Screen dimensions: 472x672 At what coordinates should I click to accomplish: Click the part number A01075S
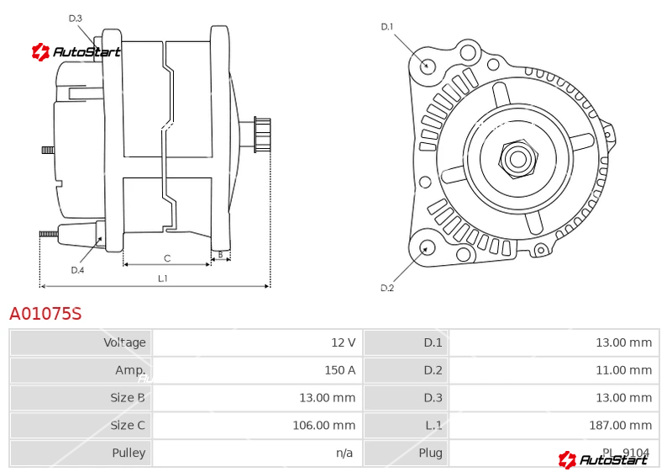pos(45,314)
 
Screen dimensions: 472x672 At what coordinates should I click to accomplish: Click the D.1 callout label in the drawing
pos(387,27)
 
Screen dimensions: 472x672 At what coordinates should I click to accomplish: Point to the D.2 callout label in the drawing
pos(387,288)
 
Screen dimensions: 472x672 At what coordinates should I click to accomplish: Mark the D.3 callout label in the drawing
pos(76,18)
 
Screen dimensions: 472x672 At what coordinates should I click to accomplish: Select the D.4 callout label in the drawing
pos(77,270)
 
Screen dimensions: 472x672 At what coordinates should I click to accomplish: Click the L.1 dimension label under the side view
pos(162,278)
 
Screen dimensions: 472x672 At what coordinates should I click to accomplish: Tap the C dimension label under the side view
pos(167,257)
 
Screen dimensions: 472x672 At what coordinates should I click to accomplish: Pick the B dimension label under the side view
pos(220,253)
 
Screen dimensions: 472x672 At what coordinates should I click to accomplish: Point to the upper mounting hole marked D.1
pos(427,65)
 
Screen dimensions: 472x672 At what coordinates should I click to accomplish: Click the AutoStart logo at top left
pos(76,52)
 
